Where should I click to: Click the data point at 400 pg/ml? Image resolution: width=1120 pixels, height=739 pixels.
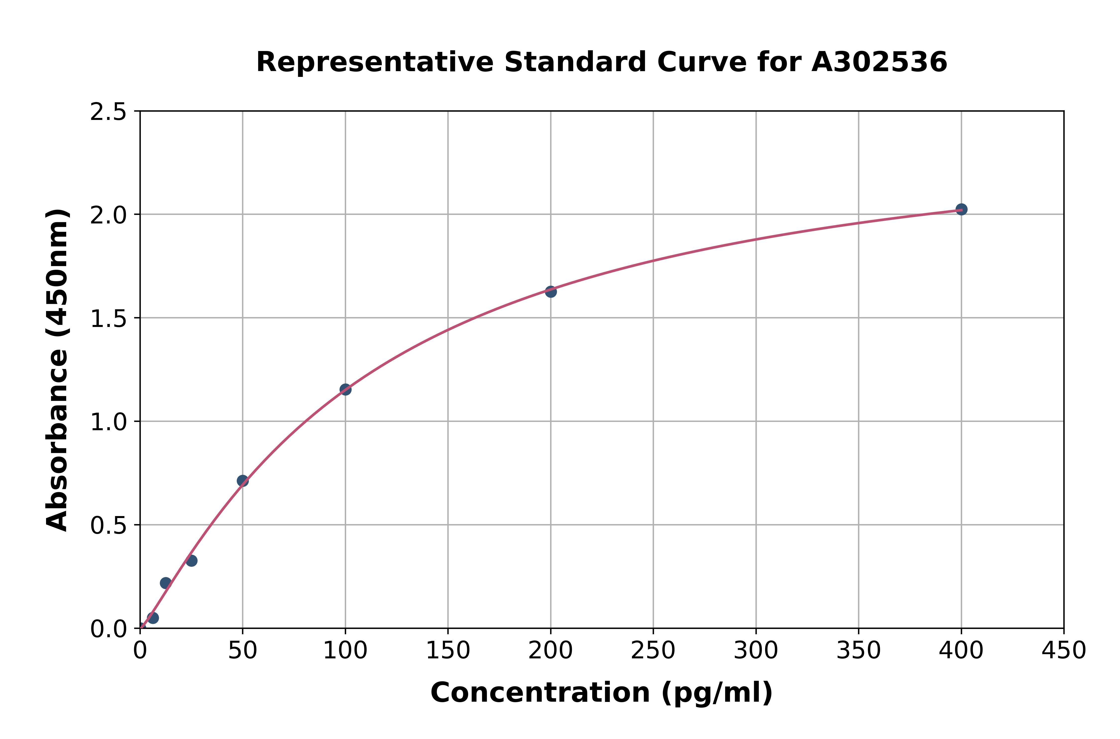pyautogui.click(x=961, y=209)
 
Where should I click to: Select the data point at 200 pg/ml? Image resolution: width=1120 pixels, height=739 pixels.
pyautogui.click(x=551, y=292)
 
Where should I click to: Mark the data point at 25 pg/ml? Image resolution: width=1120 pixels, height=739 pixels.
pyautogui.click(x=191, y=561)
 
